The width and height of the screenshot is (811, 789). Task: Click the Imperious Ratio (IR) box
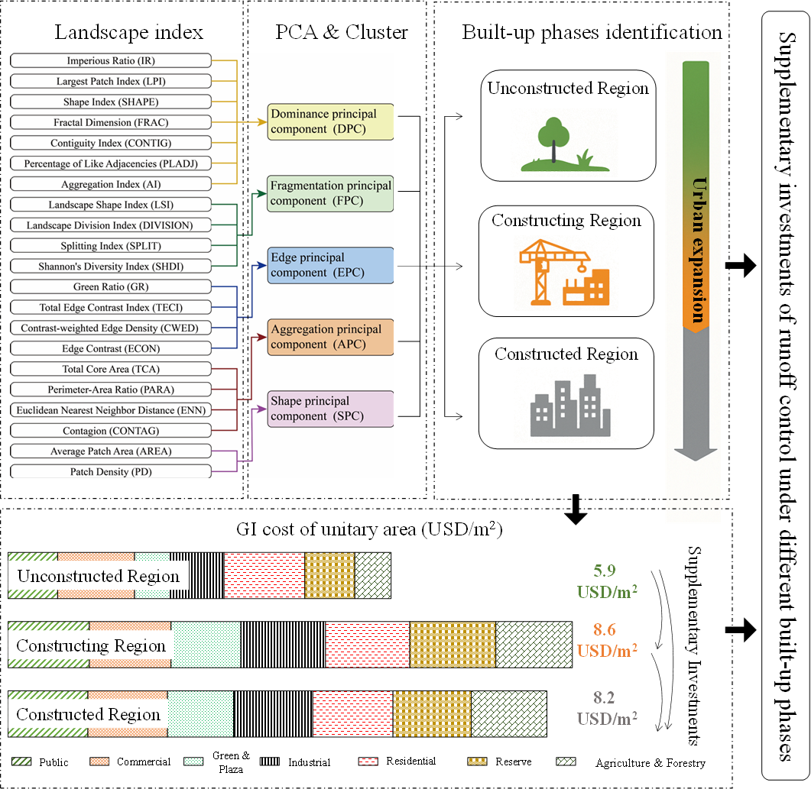coord(111,60)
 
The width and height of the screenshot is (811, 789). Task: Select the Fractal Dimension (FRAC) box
coord(111,122)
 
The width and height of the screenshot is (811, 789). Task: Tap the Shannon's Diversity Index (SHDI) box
coord(111,267)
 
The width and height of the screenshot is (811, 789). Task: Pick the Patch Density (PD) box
coord(111,472)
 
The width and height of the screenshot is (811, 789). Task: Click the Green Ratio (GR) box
coord(111,287)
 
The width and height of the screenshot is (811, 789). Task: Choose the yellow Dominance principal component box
coord(329,121)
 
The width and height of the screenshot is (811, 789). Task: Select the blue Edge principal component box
coord(329,265)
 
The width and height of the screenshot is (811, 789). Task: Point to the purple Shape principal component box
coord(329,409)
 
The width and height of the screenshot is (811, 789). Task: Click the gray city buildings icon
coord(566,405)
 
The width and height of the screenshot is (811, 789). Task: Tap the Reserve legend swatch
coord(478,762)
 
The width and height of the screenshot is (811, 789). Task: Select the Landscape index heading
coord(128,32)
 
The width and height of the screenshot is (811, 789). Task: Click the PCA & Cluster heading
coord(341,32)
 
